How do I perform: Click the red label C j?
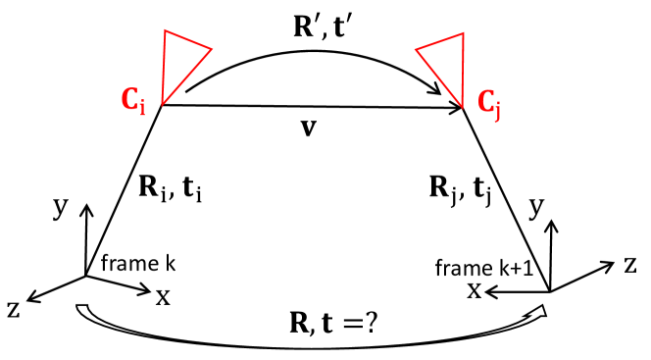[x=491, y=102]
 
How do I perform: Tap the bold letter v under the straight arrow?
[x=309, y=128]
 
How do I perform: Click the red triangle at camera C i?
[x=184, y=60]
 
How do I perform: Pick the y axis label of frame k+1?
[x=533, y=209]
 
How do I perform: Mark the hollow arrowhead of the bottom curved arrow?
[x=537, y=311]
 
